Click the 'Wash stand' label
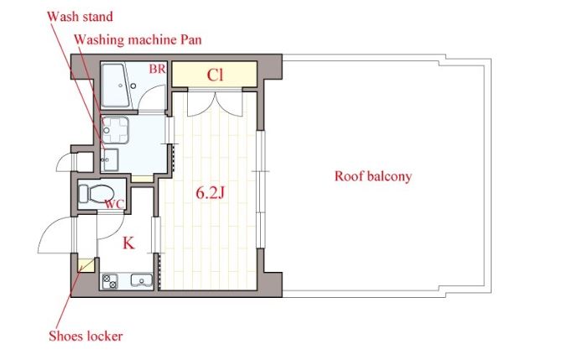click(x=80, y=17)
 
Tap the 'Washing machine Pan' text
click(x=138, y=39)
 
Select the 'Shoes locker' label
click(x=86, y=337)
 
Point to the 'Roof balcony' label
click(x=373, y=177)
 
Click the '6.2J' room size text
click(x=210, y=193)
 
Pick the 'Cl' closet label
click(x=215, y=76)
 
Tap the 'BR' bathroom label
click(x=158, y=69)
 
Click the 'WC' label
click(x=114, y=205)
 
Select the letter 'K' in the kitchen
click(x=128, y=243)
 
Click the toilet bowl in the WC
click(x=96, y=194)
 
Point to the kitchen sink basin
click(x=142, y=280)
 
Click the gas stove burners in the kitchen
click(x=110, y=281)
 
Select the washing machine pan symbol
click(x=115, y=130)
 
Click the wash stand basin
click(x=109, y=160)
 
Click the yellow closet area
click(x=215, y=74)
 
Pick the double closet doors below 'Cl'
click(x=215, y=104)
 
